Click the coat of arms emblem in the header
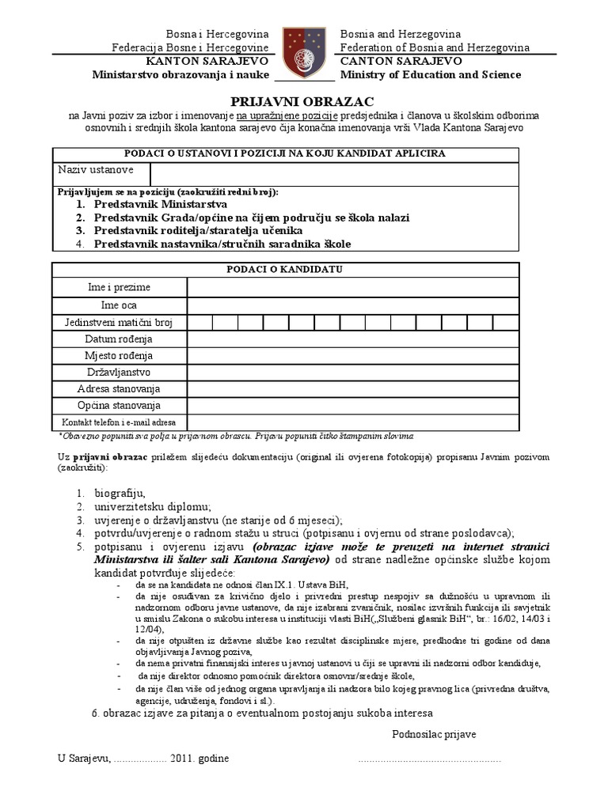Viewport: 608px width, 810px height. pos(306,51)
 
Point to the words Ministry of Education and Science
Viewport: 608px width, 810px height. pos(431,75)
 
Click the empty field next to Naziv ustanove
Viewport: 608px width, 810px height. pos(333,174)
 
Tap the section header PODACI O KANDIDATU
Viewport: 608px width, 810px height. pos(286,269)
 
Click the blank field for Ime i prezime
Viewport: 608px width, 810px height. pos(353,287)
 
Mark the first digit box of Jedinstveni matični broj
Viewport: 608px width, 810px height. pos(199,322)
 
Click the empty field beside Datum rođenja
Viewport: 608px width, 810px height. pos(353,339)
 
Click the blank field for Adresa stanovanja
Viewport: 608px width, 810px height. pos(353,388)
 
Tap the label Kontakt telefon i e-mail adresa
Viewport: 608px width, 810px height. pos(120,422)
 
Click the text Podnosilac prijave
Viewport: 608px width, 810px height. pos(434,735)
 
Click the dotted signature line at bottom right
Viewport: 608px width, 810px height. pos(429,760)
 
